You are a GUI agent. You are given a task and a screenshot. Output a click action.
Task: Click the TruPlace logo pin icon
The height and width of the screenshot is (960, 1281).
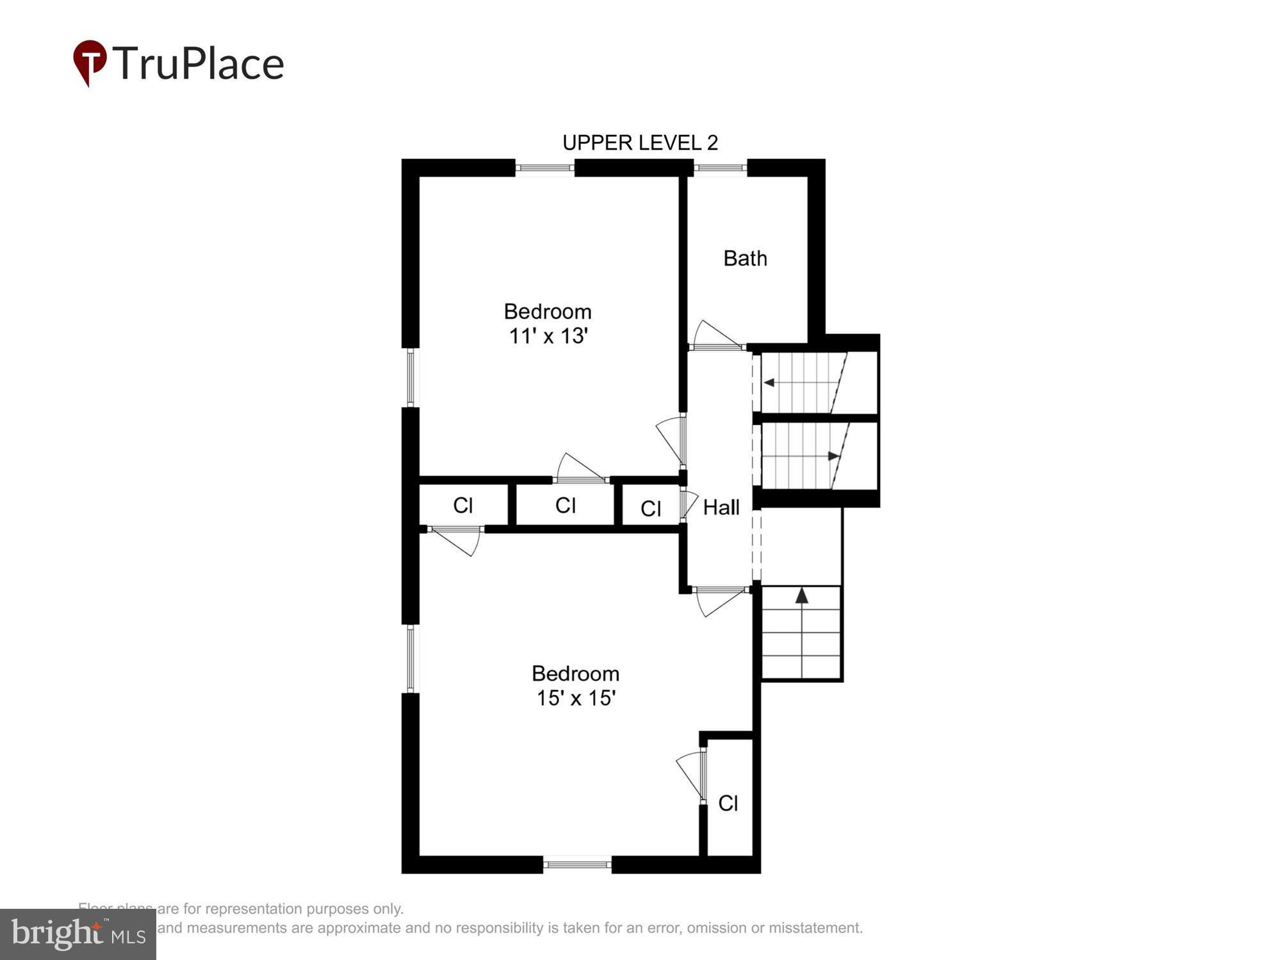coord(90,62)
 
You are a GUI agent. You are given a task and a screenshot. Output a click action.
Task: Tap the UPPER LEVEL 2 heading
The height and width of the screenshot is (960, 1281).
coord(640,143)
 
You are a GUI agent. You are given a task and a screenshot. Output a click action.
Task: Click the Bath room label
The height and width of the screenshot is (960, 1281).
coord(745,259)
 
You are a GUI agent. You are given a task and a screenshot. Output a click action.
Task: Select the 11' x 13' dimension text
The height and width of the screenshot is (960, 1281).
coord(548,336)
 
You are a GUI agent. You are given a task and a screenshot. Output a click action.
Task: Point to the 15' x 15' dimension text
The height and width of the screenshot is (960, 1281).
coord(576,698)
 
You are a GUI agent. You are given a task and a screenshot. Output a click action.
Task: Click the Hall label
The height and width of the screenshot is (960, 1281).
coord(721,508)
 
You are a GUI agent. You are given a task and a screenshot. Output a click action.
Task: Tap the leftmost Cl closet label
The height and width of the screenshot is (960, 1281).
coord(462,506)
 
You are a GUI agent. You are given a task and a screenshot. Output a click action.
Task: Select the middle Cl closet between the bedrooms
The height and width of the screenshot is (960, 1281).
coord(565,506)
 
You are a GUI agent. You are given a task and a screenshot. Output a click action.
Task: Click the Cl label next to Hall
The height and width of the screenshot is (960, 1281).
coord(650,509)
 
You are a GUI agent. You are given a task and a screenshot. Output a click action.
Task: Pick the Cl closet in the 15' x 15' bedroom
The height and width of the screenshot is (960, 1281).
coord(728,803)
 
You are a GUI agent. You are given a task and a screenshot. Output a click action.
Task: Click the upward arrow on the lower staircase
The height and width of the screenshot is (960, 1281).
coord(801,596)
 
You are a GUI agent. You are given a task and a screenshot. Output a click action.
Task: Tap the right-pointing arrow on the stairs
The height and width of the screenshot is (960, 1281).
coord(833,456)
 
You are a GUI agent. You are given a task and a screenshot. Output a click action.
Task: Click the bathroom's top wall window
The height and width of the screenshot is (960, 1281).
coord(720,168)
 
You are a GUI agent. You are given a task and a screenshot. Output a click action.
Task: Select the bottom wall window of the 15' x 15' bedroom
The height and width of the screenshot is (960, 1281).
coord(577,865)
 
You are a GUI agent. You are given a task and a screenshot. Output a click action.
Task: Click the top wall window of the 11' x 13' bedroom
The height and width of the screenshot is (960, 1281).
coord(544,168)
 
